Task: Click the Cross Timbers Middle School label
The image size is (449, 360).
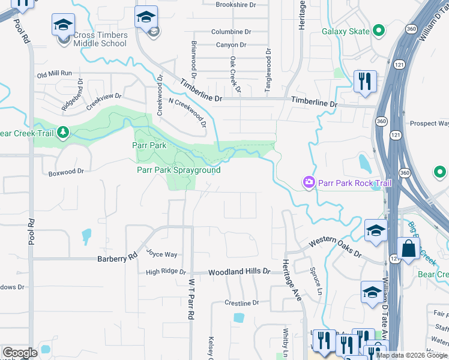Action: [x=100, y=39]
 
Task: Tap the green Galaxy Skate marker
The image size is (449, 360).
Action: [x=378, y=31]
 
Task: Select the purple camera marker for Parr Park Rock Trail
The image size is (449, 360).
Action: [x=309, y=181]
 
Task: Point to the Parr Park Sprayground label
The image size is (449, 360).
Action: [x=179, y=170]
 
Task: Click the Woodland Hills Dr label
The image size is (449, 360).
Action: [x=239, y=272]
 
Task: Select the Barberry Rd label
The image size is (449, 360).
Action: [x=118, y=259]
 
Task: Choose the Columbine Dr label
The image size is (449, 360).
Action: [x=231, y=31]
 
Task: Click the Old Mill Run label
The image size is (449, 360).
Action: [x=54, y=74]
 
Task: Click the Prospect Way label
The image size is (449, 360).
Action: [x=429, y=124]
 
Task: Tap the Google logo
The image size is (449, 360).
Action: [x=20, y=353]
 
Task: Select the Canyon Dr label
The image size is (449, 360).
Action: [x=231, y=45]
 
